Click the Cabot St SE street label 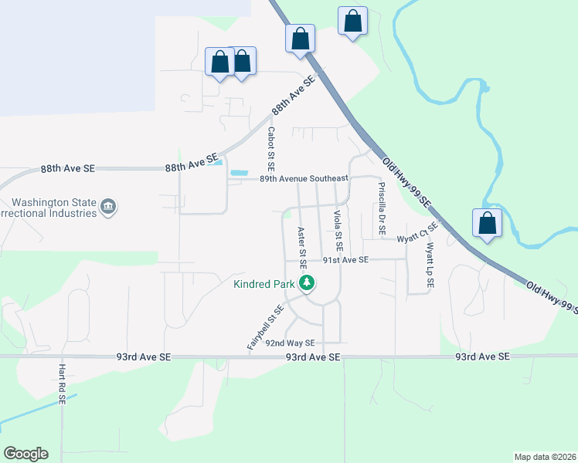271,150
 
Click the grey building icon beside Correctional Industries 109,207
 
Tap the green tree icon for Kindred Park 308,283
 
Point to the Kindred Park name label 264,284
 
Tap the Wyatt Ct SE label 418,233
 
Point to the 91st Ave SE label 346,260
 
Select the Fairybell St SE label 266,328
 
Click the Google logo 25,454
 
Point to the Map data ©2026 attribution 545,457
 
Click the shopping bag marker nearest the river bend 487,223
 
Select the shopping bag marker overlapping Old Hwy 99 300,38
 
